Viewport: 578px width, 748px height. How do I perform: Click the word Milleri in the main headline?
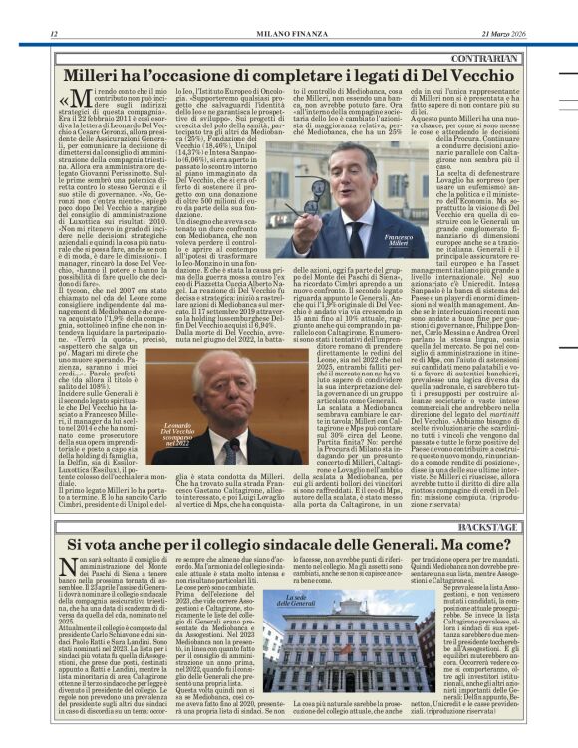click(x=99, y=76)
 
